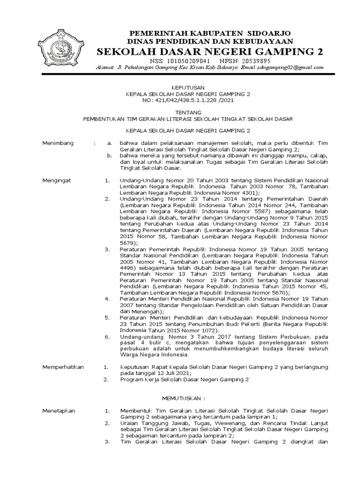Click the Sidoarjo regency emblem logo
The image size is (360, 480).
pyautogui.click(x=61, y=48)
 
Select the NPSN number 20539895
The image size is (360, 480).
pyautogui.click(x=253, y=61)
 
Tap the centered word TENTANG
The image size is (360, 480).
pyautogui.click(x=187, y=112)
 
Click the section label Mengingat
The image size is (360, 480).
pyautogui.click(x=56, y=180)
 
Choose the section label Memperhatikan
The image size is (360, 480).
pyautogui.click(x=62, y=367)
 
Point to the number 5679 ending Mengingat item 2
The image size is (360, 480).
pyautogui.click(x=128, y=243)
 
